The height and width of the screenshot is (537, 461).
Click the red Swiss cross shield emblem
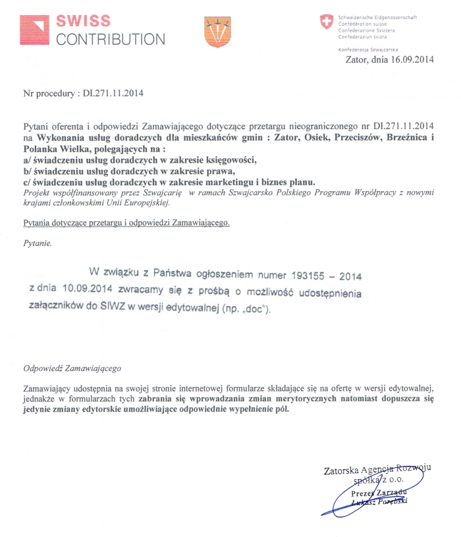326,22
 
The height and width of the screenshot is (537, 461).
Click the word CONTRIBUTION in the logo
111,38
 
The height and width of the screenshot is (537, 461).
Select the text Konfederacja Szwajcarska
364,49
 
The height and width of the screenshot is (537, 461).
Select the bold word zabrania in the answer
156,399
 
